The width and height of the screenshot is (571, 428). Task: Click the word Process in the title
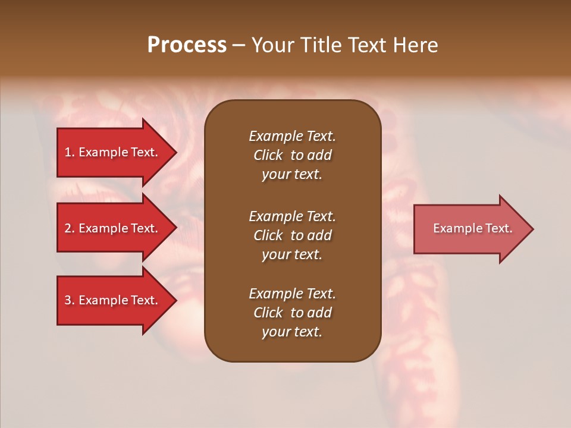tap(187, 45)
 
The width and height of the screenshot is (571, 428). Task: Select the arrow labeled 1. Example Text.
tap(113, 152)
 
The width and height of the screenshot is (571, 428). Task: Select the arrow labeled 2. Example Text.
tap(113, 228)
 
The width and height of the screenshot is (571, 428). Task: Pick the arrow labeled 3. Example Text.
tap(113, 300)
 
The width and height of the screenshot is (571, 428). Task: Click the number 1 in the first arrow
tap(68, 152)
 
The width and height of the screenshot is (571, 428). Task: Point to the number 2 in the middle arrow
tap(68, 228)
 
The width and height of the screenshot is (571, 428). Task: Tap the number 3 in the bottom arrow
tap(68, 300)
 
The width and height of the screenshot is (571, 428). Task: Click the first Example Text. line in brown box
tap(292, 136)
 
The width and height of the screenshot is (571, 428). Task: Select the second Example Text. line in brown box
tap(292, 216)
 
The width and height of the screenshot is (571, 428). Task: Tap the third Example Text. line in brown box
tap(292, 294)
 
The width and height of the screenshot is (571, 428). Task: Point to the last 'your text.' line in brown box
tap(292, 332)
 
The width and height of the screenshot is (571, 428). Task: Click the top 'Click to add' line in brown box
tap(292, 155)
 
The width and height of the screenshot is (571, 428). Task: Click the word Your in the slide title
tap(272, 45)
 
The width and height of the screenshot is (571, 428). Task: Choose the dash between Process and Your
tap(239, 46)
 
